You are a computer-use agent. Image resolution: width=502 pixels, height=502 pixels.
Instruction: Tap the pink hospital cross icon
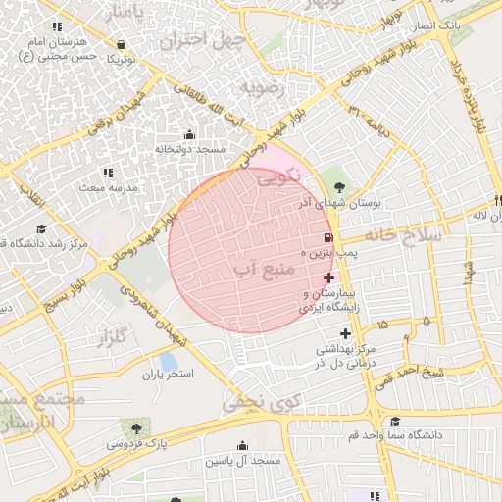327,278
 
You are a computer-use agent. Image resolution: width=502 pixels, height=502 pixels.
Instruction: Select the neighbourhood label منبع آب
260,266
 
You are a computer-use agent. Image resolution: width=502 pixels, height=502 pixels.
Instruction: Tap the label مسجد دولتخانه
189,149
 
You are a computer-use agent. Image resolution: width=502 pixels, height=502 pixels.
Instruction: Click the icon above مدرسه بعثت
107,173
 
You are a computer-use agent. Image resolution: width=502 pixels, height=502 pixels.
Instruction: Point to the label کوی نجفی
260,401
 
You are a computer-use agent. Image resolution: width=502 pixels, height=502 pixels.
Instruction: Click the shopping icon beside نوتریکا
121,44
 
